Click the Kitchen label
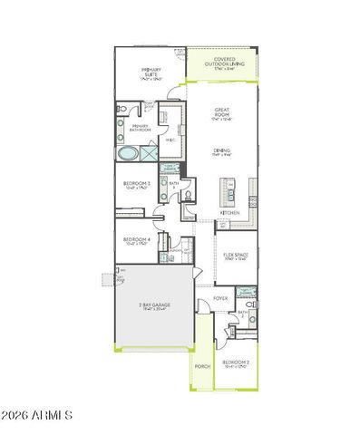(x=229, y=213)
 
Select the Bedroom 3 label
(x=137, y=185)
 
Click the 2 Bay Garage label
(x=153, y=305)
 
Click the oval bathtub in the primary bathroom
(x=131, y=155)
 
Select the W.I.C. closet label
(x=170, y=140)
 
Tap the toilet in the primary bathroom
(x=122, y=112)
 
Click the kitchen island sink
(x=230, y=191)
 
